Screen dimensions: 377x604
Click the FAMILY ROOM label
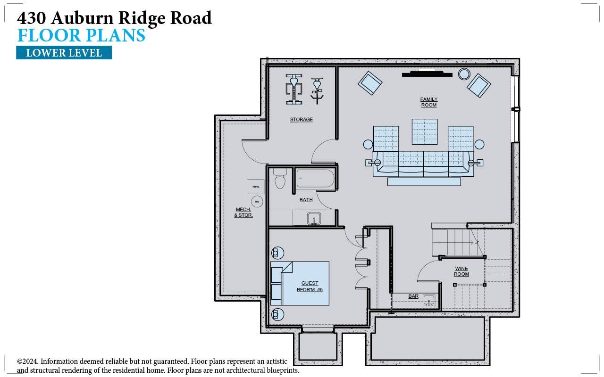coord(429,102)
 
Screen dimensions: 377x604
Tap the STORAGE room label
coord(301,120)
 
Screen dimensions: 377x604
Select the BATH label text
coord(306,200)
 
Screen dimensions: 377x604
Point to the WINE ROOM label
coord(461,271)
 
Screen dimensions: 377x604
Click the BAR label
coord(413,296)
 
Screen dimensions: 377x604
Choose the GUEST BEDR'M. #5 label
coord(310,287)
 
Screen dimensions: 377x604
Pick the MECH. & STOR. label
coord(243,213)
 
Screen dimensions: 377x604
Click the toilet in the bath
coord(280,179)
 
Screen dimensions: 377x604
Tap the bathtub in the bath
coord(315,179)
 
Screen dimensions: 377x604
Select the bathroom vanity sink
coord(314,218)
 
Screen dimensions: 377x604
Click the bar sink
coord(429,300)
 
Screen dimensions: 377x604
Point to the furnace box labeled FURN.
coord(256,187)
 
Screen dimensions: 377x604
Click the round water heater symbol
coord(257,202)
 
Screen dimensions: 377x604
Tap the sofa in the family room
coord(423,164)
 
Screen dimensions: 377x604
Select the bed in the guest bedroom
coord(300,283)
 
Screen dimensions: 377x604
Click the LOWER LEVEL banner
coord(64,53)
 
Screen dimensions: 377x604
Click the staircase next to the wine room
coord(452,242)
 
